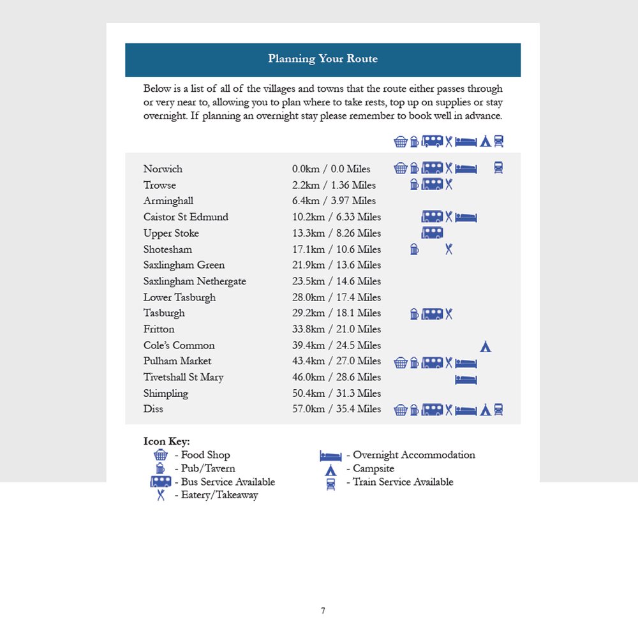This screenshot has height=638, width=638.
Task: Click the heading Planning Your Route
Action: click(323, 59)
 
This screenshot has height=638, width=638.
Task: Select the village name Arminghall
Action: click(168, 201)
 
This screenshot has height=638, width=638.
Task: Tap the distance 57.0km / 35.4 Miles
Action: click(336, 409)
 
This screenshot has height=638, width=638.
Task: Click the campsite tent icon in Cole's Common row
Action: click(486, 346)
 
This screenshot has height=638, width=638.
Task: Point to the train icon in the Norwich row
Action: click(498, 168)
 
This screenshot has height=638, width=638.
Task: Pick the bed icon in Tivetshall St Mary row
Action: click(466, 380)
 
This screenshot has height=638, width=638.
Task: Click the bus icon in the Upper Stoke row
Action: click(432, 233)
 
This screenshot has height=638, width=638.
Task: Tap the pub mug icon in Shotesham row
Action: click(414, 249)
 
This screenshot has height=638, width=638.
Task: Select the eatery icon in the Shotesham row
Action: click(449, 249)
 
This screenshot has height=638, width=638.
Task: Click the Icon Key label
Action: click(167, 441)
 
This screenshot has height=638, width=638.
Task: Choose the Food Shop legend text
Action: click(205, 455)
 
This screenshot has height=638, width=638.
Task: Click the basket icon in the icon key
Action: click(160, 455)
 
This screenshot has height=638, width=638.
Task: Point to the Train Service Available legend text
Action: click(403, 482)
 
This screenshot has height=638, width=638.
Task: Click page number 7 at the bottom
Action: click(323, 611)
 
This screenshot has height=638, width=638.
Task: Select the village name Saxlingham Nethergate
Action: click(195, 281)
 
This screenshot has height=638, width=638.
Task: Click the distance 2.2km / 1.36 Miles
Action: click(334, 185)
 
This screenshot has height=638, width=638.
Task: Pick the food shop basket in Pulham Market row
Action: click(401, 363)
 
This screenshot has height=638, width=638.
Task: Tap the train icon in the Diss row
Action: click(498, 410)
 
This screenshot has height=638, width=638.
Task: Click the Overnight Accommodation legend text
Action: click(414, 455)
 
